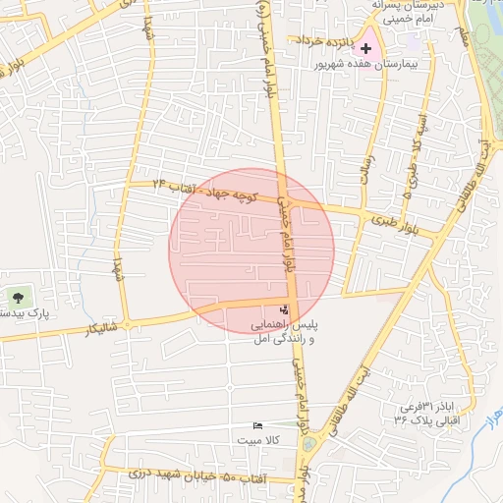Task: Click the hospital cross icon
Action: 366,47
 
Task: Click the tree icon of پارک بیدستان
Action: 18,296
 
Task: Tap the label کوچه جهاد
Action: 236,194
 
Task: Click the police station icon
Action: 285,309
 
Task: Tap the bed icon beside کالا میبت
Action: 257,426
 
